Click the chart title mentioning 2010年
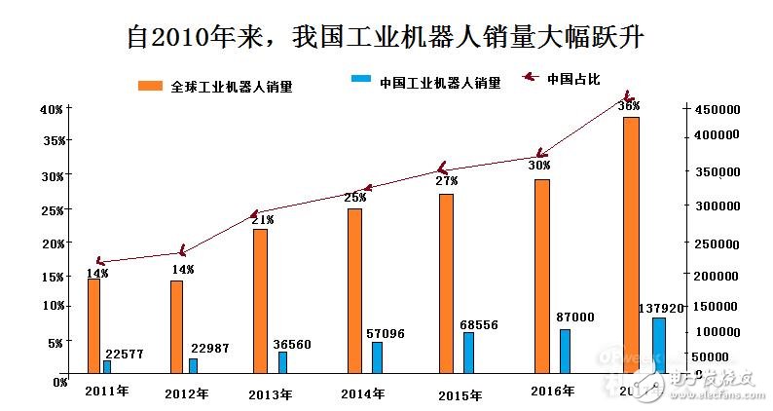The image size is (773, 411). point(386,36)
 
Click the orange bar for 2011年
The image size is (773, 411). point(93,326)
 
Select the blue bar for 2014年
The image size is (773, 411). point(377,356)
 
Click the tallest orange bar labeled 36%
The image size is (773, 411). point(631,244)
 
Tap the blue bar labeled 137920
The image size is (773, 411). point(659,345)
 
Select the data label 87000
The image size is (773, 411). point(574,318)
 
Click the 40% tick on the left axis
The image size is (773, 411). point(51,109)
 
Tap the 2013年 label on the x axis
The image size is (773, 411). point(270,394)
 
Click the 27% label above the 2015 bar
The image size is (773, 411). point(446,181)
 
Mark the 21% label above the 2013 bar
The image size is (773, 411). point(262,220)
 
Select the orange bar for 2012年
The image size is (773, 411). point(176,326)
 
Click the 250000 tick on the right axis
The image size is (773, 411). point(717,243)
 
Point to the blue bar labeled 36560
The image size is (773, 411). point(282,361)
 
